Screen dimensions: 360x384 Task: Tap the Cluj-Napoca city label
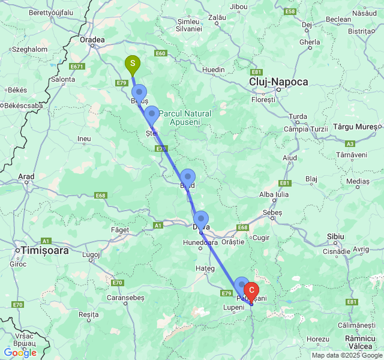279,82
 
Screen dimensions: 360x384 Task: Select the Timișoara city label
45,251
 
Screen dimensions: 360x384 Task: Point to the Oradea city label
92,40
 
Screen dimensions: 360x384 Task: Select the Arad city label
26,177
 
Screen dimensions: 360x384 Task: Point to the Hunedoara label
200,243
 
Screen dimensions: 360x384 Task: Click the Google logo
20,353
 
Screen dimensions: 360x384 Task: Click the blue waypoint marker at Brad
188,176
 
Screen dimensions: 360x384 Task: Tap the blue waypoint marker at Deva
200,218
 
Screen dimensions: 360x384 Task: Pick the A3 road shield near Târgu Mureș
350,144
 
